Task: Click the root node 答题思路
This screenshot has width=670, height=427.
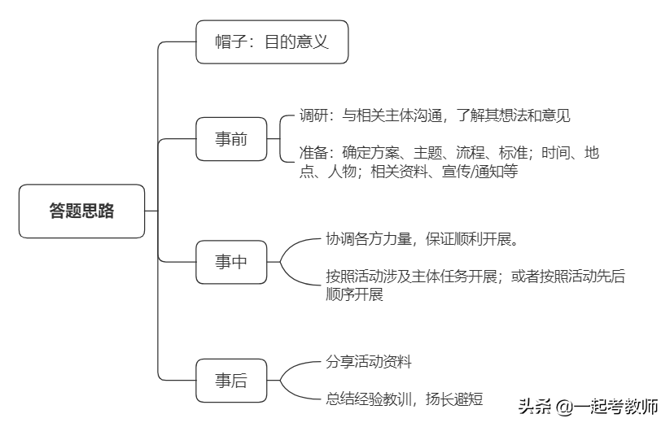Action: [81, 211]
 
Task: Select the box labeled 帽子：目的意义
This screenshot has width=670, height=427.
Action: [272, 41]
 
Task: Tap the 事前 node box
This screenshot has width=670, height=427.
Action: [231, 139]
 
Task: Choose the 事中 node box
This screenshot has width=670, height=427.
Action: [231, 262]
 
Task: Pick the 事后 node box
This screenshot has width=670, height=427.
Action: [231, 380]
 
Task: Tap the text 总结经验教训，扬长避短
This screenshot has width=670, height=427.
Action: [405, 399]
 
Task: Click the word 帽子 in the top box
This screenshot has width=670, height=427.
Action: [228, 41]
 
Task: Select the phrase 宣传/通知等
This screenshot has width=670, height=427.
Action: [480, 172]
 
